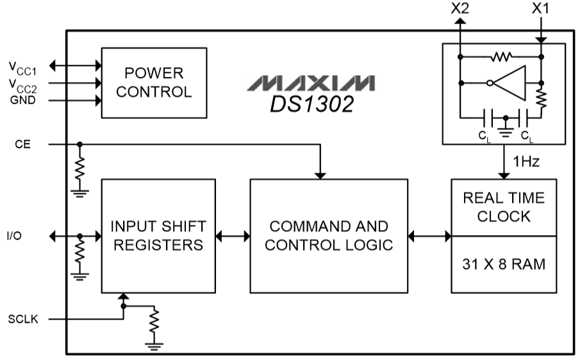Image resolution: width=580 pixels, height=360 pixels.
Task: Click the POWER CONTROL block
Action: tap(154, 82)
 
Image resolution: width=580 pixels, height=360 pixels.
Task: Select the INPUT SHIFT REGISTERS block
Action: tap(158, 236)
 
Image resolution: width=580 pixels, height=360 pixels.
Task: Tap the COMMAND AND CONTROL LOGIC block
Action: tap(328, 236)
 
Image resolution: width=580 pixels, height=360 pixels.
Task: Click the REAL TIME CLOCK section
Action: tap(504, 206)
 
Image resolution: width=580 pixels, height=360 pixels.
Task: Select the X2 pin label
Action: tap(460, 9)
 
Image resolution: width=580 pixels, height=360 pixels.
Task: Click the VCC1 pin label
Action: tap(22, 66)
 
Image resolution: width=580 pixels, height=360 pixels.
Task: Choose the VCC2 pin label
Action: tap(22, 85)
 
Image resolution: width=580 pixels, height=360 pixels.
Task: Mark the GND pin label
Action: tap(22, 101)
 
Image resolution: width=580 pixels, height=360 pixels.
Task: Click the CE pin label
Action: tap(22, 145)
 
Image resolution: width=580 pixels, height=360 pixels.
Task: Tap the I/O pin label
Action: tap(14, 236)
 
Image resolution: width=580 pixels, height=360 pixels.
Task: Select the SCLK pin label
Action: tap(23, 318)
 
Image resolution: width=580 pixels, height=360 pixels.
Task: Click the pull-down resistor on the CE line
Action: tap(79, 168)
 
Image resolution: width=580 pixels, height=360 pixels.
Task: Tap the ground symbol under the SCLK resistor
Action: tap(154, 347)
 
